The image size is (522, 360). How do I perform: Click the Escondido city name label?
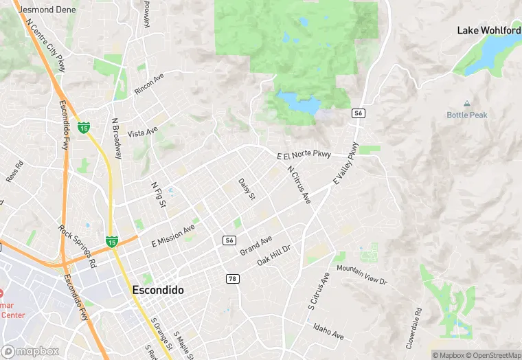coord(157,291)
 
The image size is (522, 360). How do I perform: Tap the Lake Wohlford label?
coord(489,31)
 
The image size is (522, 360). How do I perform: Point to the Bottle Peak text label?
coord(467,115)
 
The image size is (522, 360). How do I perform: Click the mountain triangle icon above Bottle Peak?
coord(467,104)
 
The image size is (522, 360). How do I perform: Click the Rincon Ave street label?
coord(149,84)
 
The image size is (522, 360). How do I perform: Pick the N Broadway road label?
coord(117,141)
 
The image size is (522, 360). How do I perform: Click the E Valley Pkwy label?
coord(346,163)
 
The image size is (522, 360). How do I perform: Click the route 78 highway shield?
coord(233,278)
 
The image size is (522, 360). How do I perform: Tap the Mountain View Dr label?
coord(362,276)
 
